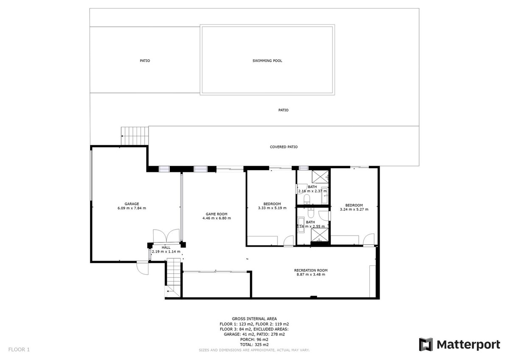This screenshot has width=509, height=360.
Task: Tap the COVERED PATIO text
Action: click(x=283, y=147)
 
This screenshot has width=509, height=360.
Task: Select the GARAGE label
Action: click(x=131, y=204)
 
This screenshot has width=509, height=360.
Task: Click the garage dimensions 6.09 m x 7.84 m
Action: click(x=131, y=208)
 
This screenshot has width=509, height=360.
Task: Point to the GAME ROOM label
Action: click(x=216, y=214)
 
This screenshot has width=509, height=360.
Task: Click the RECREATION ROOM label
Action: click(x=310, y=270)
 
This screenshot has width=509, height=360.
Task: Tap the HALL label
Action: click(x=166, y=247)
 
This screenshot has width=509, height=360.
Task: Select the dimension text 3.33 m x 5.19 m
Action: click(x=272, y=208)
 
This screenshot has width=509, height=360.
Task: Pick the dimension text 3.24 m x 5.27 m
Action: click(x=354, y=209)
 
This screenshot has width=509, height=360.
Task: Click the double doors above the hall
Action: click(x=166, y=236)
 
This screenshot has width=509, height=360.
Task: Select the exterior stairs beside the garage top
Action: click(x=135, y=136)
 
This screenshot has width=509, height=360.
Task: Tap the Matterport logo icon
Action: click(x=426, y=344)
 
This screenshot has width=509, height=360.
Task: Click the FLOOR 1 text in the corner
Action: click(x=19, y=350)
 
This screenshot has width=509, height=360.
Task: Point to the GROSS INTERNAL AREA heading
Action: click(x=254, y=318)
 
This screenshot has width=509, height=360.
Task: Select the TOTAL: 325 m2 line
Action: click(x=254, y=345)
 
